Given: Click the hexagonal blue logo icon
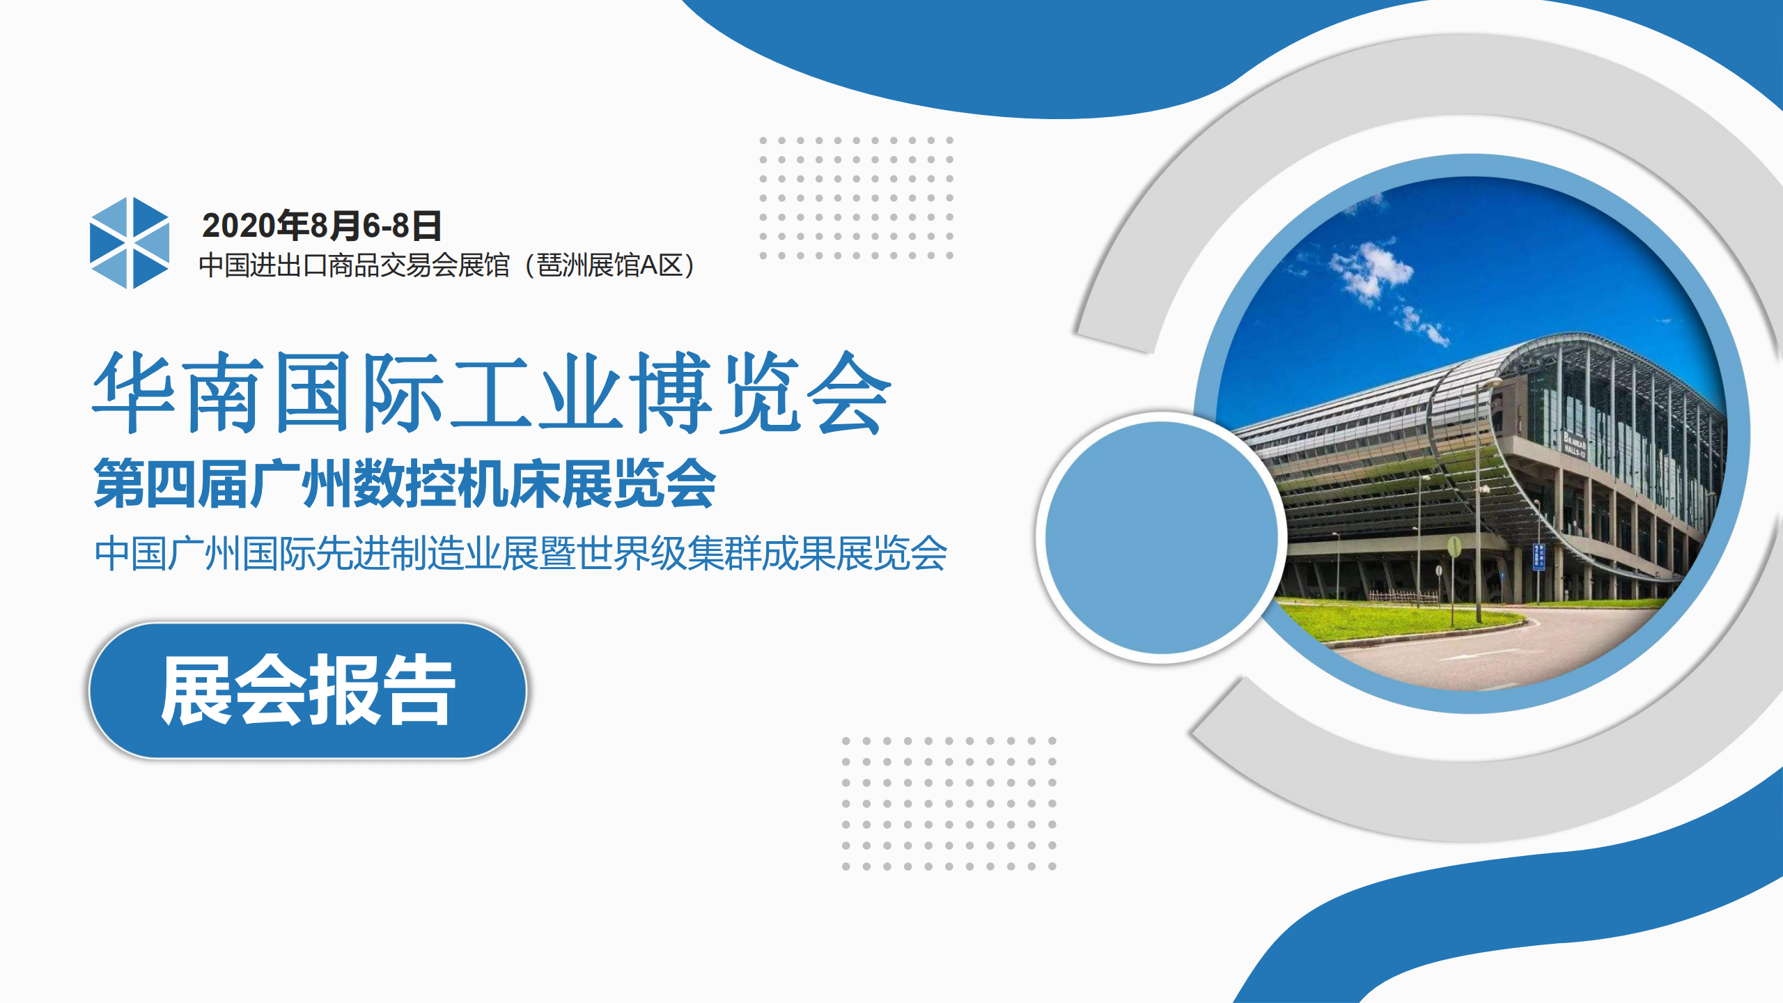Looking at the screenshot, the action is click(130, 242).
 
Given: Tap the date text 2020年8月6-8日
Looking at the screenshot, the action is click(322, 226).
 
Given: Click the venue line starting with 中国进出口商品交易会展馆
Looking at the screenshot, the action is click(446, 265).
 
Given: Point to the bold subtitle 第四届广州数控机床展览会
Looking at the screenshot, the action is click(405, 483).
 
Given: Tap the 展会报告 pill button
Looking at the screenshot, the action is click(308, 690).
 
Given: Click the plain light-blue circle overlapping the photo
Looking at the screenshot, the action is click(1162, 537).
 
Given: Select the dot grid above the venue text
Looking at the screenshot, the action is click(856, 198).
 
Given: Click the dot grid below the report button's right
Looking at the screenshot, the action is click(949, 803).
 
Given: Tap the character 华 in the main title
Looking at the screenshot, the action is click(134, 392).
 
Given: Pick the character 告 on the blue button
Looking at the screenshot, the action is click(419, 690).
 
